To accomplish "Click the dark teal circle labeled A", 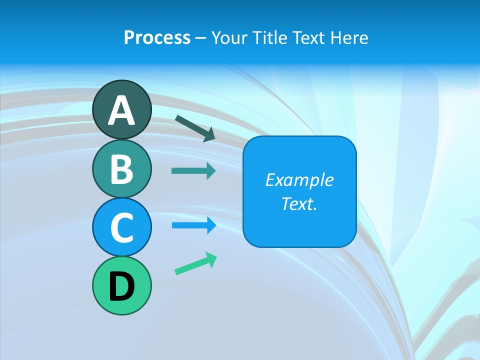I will pos(121,109).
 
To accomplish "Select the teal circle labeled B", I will pos(121,168).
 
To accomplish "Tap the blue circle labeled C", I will pos(121,227).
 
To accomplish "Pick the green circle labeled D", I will pos(121,285).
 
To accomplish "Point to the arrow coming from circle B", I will pos(193,171).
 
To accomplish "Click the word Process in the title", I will pos(157,37).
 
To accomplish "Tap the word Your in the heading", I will pos(229,37).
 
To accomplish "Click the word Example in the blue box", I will pos(299,180).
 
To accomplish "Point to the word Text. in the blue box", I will pos(299,203).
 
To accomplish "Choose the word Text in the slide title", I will pos(306,37).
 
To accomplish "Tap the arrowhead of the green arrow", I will pos(211,259).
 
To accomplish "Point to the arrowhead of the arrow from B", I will pos(211,171).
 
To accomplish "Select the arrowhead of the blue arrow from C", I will pos(211,225).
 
